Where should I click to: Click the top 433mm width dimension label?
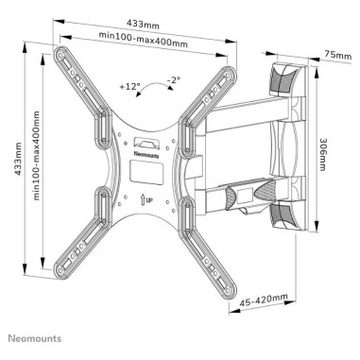143,24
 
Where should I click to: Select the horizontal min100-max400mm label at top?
144,39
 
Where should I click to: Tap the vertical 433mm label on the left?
18,159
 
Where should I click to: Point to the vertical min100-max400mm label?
36,155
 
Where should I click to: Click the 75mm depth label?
338,55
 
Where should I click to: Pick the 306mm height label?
323,154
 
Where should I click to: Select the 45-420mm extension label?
264,300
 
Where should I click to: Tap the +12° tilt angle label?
129,86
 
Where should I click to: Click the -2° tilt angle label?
174,80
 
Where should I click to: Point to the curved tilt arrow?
154,84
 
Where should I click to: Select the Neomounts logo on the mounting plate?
146,154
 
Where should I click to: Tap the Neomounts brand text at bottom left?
35,338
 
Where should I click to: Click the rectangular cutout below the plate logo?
146,172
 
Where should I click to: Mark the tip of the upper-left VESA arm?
60,53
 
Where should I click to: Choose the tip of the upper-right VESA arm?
230,74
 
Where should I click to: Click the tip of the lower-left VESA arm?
59,272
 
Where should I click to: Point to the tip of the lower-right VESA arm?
230,291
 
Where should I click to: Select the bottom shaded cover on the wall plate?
283,217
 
